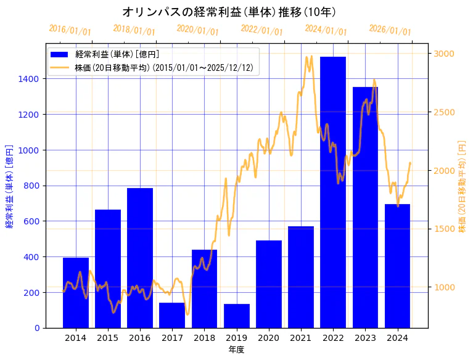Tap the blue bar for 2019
point(237,316)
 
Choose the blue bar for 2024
point(397,266)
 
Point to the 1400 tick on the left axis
point(30,79)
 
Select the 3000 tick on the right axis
point(444,54)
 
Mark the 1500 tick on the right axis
point(444,229)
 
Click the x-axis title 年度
point(237,349)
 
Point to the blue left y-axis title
point(9,186)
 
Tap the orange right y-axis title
point(462,186)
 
